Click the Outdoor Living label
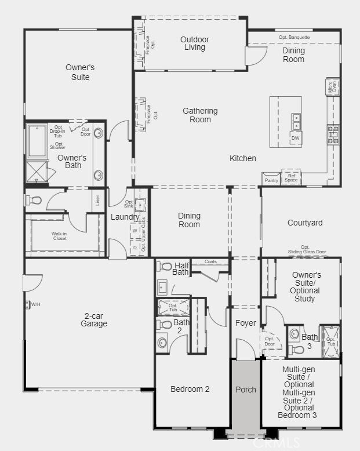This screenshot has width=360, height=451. point(194,43)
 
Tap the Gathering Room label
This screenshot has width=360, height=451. point(200,115)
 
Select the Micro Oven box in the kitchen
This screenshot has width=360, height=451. point(332,88)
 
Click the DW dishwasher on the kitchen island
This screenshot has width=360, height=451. point(296,138)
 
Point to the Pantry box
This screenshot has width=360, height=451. point(271,180)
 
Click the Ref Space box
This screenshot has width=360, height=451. point(291,177)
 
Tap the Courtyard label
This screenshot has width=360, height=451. point(305,223)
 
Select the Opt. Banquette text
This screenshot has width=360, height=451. point(294,37)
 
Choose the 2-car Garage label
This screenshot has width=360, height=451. point(94,320)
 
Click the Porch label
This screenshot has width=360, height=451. point(246,390)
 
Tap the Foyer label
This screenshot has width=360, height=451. point(246,323)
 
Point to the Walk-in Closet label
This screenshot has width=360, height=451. point(59,236)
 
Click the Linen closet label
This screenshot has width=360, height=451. point(98,199)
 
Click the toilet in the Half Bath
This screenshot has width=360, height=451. point(165,267)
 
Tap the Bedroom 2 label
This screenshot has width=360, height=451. point(190,389)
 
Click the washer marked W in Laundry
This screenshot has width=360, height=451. point(135,231)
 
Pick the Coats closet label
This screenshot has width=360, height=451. point(210,261)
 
